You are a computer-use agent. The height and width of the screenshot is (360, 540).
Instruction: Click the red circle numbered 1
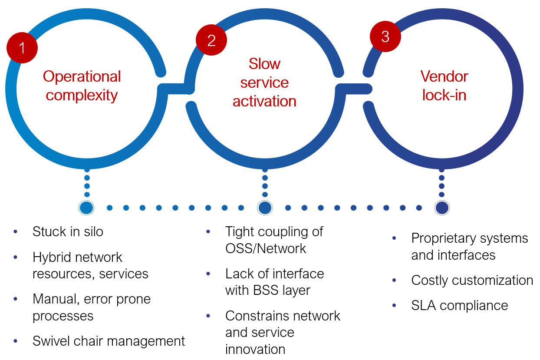22,47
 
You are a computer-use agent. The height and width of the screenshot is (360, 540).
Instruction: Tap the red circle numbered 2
211,40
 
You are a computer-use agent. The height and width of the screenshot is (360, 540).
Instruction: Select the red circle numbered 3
385,37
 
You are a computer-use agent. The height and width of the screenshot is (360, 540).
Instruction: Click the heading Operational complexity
82,86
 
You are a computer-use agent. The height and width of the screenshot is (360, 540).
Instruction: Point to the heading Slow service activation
264,83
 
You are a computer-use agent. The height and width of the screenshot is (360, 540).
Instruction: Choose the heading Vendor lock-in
444,86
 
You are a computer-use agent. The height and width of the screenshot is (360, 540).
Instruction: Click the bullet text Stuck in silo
68,231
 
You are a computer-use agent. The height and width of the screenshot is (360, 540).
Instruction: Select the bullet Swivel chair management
109,341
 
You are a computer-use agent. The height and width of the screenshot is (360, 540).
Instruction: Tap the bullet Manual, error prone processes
91,307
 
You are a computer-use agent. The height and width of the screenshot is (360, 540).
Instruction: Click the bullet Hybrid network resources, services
90,265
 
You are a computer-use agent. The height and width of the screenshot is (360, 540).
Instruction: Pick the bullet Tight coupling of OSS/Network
274,240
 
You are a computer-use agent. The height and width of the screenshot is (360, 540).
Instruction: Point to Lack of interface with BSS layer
274,282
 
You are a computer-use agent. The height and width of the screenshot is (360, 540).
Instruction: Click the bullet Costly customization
472,280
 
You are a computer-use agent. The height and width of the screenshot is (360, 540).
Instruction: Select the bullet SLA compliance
459,305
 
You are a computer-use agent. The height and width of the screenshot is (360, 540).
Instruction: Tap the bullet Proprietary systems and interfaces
469,246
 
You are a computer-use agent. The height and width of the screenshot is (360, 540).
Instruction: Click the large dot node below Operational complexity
86,208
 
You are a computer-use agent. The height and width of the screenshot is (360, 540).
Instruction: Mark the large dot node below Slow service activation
265,208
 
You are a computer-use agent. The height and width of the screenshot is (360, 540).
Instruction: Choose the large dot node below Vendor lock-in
442,208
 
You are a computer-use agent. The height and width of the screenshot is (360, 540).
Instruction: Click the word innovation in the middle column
255,349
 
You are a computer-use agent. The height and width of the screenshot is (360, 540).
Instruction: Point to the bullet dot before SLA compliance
394,305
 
